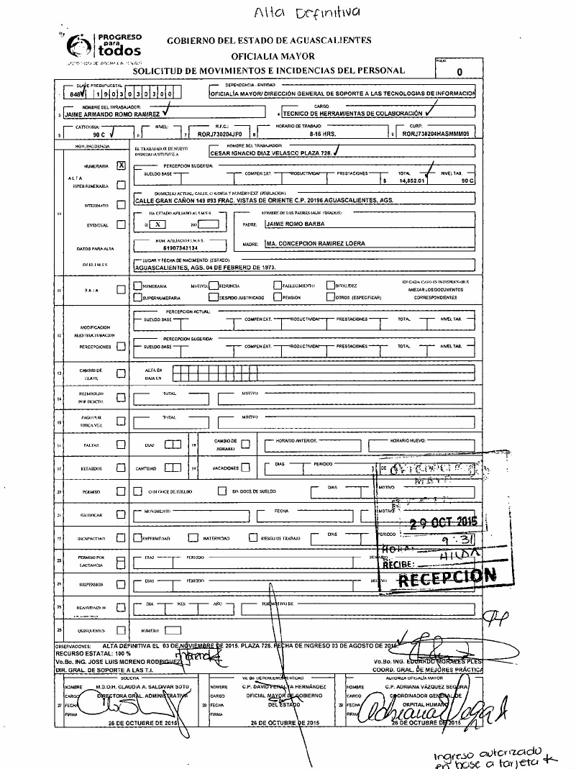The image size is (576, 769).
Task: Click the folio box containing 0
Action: pyautogui.click(x=458, y=71)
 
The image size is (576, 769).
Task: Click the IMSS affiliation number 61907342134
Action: pyautogui.click(x=170, y=247)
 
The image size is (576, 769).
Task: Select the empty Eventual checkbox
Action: pyautogui.click(x=121, y=224)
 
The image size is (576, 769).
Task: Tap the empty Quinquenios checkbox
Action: pyautogui.click(x=121, y=631)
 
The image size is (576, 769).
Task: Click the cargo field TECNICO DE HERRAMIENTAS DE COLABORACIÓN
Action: pyautogui.click(x=352, y=114)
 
